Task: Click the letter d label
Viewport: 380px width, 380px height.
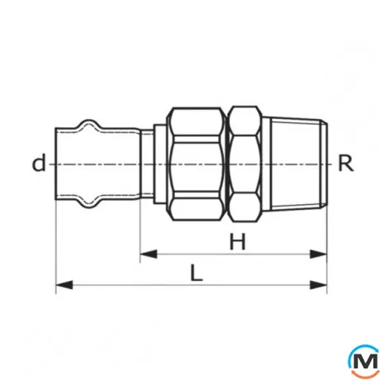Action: tap(38, 163)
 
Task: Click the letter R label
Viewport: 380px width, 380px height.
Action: tap(345, 163)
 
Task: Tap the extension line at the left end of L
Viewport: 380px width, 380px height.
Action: tap(55, 248)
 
